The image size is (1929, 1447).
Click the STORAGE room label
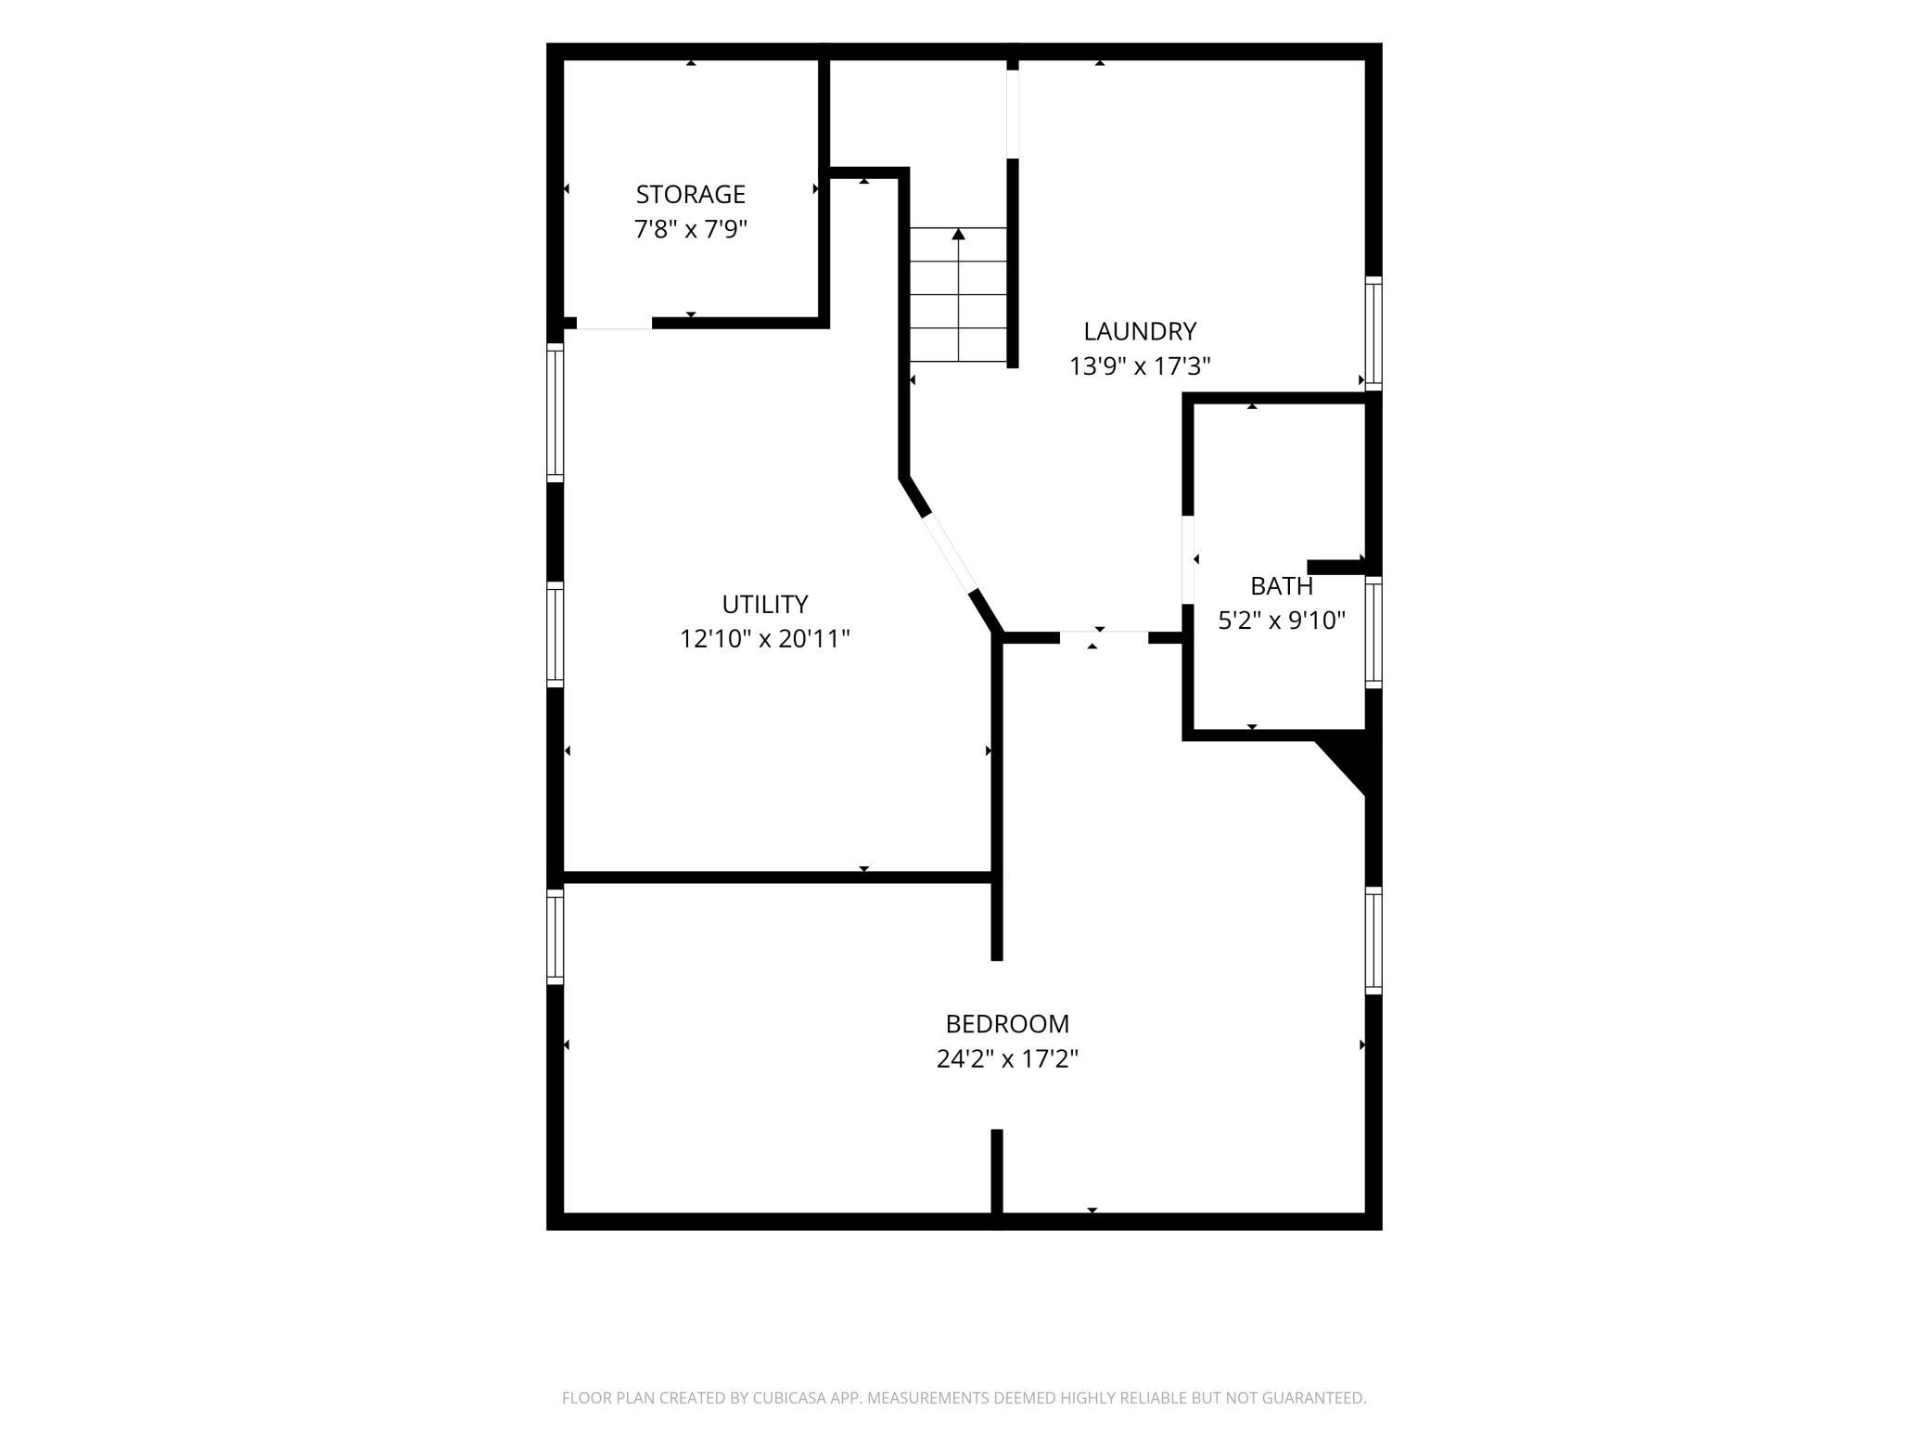click(690, 194)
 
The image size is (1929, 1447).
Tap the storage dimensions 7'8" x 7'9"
click(690, 229)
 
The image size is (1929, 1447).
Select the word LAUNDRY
click(1140, 331)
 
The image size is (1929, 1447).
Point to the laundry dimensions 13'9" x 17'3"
click(1140, 366)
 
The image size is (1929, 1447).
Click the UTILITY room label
click(765, 604)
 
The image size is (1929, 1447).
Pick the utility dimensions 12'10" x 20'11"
click(765, 639)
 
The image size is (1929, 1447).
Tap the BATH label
click(1282, 586)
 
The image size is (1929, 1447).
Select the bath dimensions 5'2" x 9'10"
click(1282, 621)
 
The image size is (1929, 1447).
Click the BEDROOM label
click(1007, 1024)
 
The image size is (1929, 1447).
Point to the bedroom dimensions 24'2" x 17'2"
click(1007, 1058)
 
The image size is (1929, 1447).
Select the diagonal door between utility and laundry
click(948, 553)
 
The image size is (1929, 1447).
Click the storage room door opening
click(614, 324)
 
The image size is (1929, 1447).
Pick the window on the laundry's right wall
click(1373, 333)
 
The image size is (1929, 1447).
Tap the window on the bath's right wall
click(1373, 632)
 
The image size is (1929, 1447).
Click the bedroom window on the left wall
click(555, 936)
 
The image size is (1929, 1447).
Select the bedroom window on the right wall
click(1373, 941)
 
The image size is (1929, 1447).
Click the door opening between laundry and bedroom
click(1104, 637)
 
